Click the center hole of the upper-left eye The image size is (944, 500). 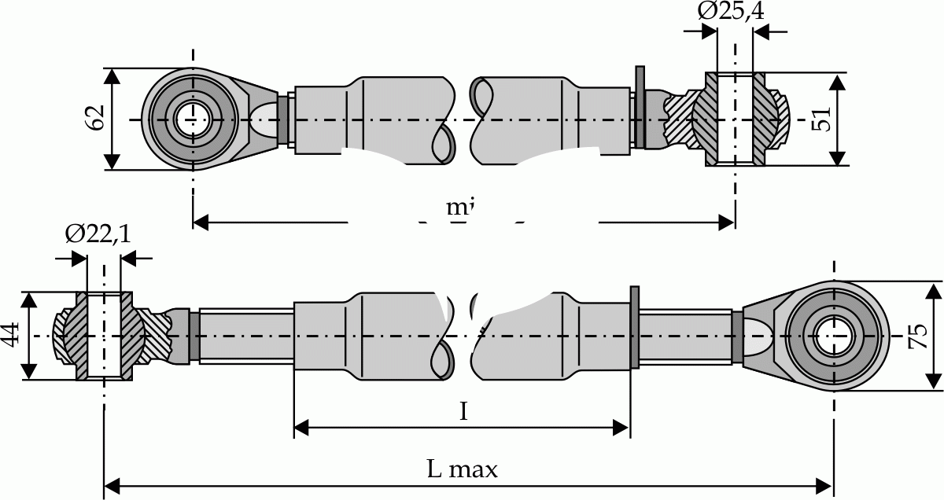192,119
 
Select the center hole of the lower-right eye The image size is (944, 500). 834,336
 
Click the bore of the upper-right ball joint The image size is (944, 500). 735,119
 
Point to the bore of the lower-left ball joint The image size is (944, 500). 103,336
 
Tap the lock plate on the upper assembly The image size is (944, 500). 639,108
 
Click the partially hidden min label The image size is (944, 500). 459,208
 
